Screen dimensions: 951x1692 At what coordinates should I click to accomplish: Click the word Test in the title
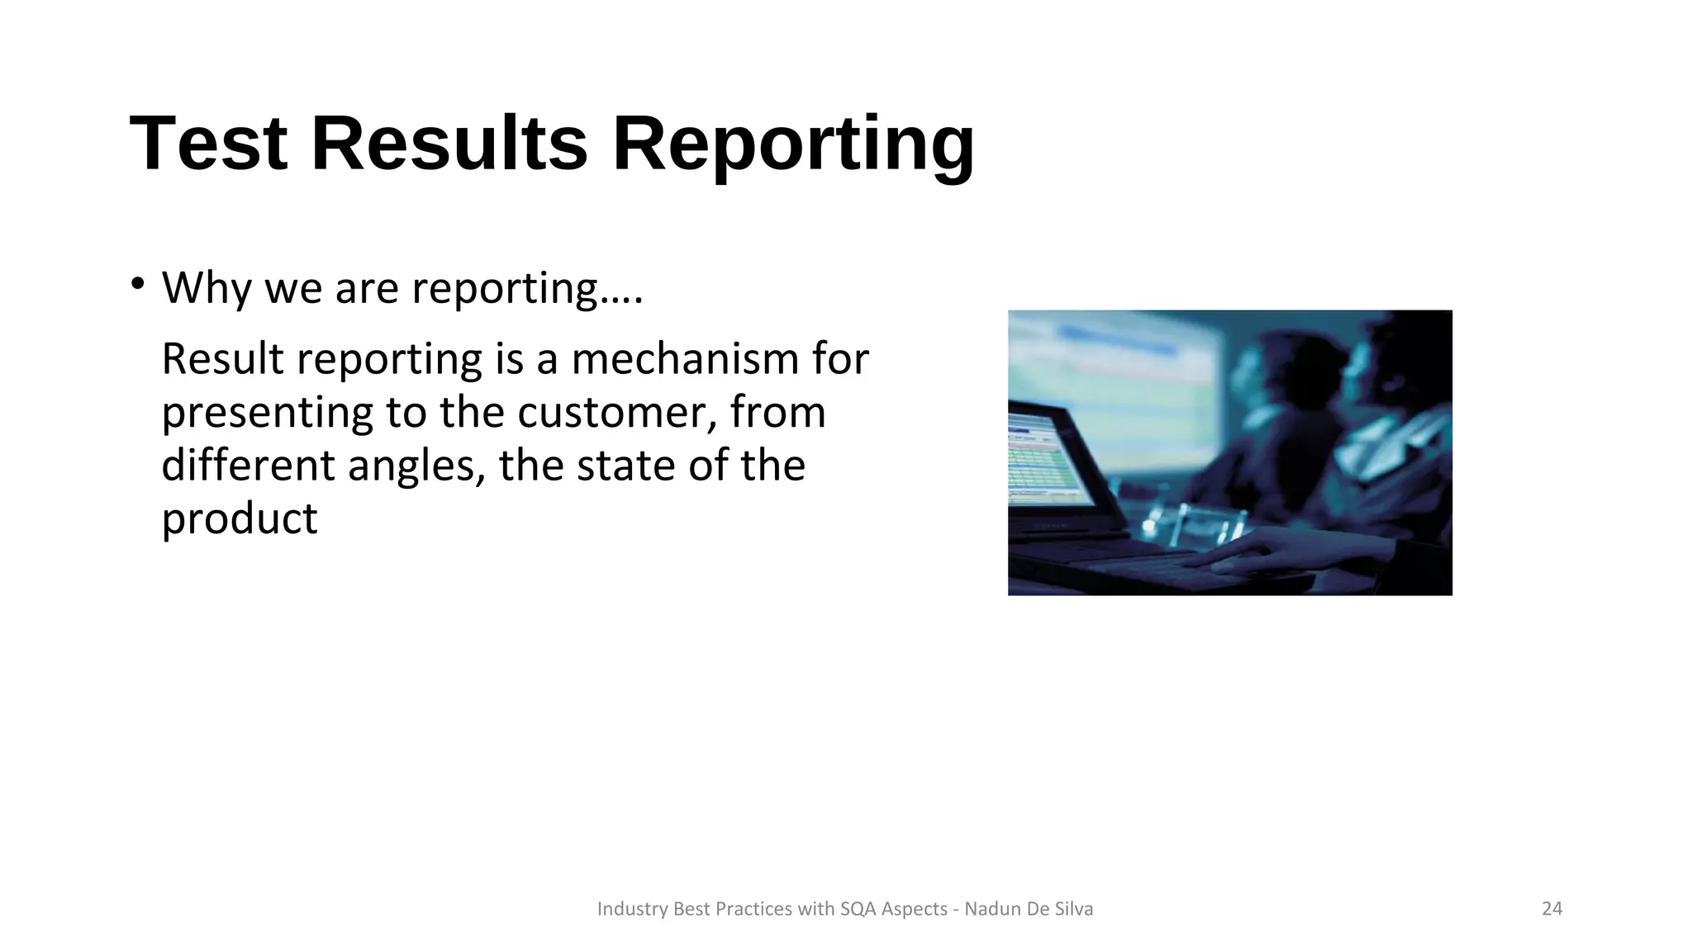[208, 144]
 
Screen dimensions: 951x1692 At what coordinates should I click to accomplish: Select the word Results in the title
[449, 144]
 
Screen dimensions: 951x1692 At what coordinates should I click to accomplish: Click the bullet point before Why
[137, 285]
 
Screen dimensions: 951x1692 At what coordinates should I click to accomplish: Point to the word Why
[207, 288]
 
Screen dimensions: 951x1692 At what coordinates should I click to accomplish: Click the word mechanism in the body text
[685, 359]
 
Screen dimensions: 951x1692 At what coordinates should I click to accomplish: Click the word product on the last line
[239, 520]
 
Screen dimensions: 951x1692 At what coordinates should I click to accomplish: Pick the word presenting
[268, 414]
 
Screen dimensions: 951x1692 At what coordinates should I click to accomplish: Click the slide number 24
[1552, 909]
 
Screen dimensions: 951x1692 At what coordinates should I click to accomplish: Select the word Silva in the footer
[1073, 909]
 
